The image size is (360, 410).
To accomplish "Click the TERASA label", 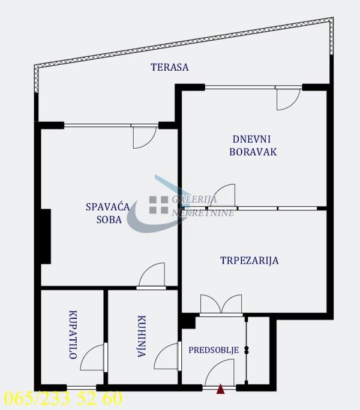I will [169, 67].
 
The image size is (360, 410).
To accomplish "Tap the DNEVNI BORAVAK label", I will [253, 145].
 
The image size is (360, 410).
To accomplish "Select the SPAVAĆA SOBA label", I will [108, 213].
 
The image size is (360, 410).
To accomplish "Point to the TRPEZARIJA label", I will [249, 260].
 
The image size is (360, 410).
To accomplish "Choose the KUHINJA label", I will [141, 337].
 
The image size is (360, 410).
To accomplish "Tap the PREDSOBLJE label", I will [214, 350].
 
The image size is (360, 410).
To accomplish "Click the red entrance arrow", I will [221, 390].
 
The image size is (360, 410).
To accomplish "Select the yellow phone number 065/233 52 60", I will [63, 398].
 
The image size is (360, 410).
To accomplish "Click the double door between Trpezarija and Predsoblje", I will [221, 305].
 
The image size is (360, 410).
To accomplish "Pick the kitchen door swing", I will [167, 357].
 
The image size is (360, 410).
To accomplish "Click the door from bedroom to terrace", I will [144, 137].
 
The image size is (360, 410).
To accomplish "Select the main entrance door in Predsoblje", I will [219, 376].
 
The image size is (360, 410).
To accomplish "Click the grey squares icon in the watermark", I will [159, 205].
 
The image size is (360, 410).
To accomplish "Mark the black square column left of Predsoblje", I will [188, 321].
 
